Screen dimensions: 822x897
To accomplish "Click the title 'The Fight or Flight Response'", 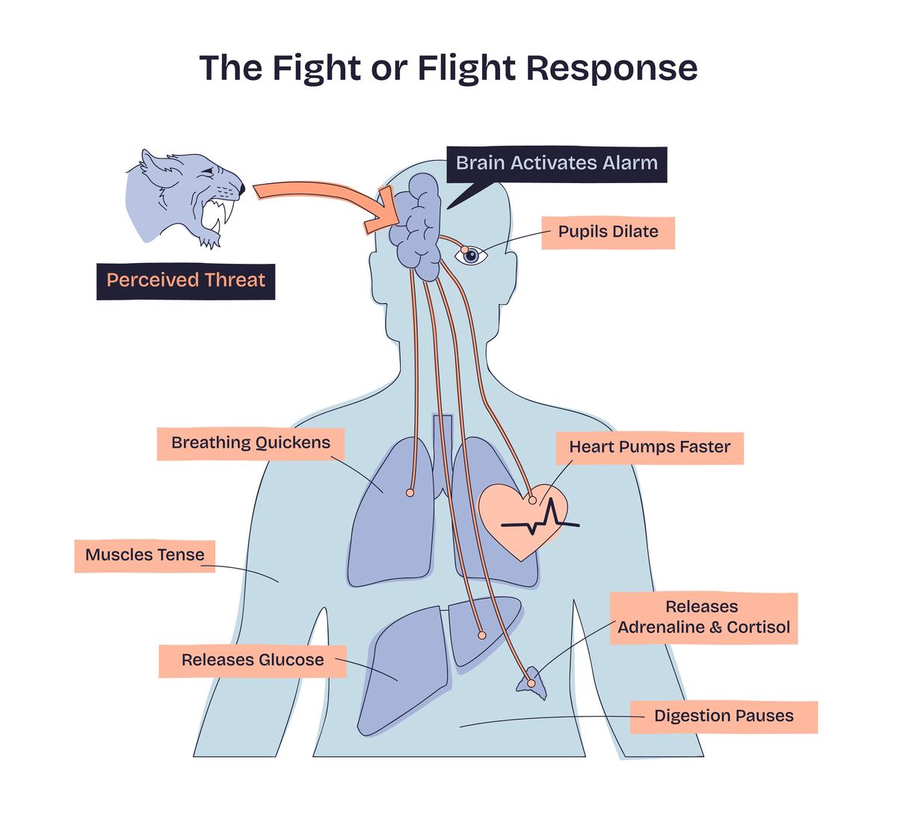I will click(x=449, y=68).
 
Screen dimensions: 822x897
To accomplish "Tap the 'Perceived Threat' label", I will click(x=185, y=281).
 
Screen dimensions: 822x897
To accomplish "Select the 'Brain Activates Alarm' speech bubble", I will click(x=556, y=164).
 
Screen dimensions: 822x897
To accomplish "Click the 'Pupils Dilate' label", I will click(x=608, y=232).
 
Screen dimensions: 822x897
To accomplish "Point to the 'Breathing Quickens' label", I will click(x=250, y=443).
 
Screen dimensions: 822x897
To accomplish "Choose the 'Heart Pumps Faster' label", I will click(x=649, y=448).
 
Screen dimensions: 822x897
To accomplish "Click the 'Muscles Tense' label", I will click(x=144, y=555).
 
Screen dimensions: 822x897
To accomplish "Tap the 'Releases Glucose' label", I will click(x=253, y=661).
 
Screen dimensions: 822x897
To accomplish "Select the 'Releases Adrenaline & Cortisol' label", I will click(x=703, y=618).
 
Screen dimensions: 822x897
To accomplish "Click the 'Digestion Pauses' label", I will click(x=723, y=717).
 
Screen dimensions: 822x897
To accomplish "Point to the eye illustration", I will click(x=471, y=256).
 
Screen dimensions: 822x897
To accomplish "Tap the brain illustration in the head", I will click(x=417, y=224).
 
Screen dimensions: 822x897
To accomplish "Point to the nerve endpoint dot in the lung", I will click(x=410, y=493).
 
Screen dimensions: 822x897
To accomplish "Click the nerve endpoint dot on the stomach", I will click(x=481, y=635).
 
